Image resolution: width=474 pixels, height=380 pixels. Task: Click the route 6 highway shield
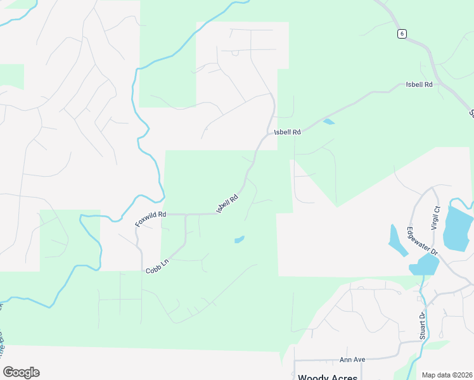pyautogui.click(x=402, y=34)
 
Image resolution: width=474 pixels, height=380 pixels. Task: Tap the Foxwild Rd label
pyautogui.click(x=150, y=220)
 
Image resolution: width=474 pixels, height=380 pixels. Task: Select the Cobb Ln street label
pyautogui.click(x=157, y=267)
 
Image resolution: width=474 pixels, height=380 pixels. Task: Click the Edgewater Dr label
pyautogui.click(x=423, y=241)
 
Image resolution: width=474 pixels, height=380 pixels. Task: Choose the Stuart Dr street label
pyautogui.click(x=421, y=325)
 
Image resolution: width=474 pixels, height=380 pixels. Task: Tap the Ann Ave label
pyautogui.click(x=352, y=359)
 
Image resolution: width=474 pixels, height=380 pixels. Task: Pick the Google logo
pyautogui.click(x=21, y=372)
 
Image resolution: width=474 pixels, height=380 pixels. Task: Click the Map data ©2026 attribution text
pyautogui.click(x=446, y=375)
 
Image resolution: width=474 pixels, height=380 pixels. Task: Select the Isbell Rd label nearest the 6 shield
pyautogui.click(x=419, y=84)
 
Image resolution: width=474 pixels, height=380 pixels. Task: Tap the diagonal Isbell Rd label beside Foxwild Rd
pyautogui.click(x=227, y=203)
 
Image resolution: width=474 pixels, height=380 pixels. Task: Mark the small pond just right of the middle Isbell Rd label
pyautogui.click(x=328, y=122)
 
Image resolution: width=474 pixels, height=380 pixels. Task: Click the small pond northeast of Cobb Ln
pyautogui.click(x=240, y=239)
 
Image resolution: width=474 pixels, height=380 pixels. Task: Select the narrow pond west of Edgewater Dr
pyautogui.click(x=397, y=241)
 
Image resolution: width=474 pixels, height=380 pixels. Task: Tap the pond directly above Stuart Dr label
pyautogui.click(x=423, y=265)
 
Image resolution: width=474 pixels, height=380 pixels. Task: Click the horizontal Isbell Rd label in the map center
pyautogui.click(x=286, y=132)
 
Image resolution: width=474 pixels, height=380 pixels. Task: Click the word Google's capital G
pyautogui.click(x=8, y=372)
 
